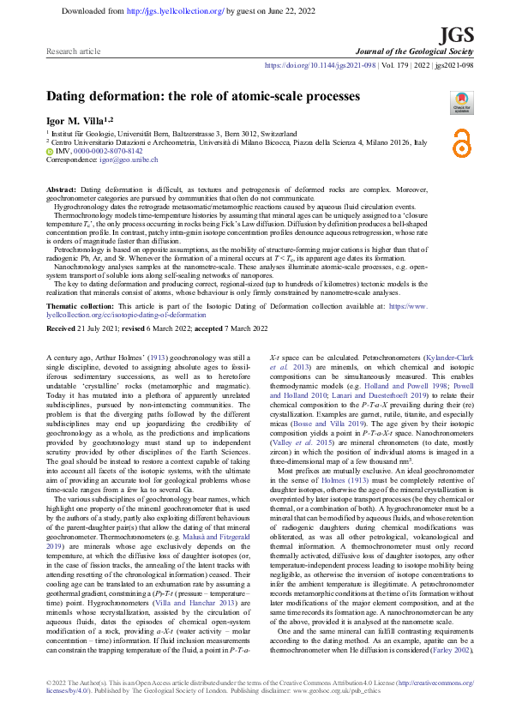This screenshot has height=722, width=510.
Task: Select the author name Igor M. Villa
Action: click(76, 121)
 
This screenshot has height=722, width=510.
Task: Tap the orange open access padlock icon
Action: click(462, 140)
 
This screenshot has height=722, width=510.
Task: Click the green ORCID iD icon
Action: click(50, 151)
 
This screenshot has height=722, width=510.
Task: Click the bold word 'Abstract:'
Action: click(61, 188)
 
